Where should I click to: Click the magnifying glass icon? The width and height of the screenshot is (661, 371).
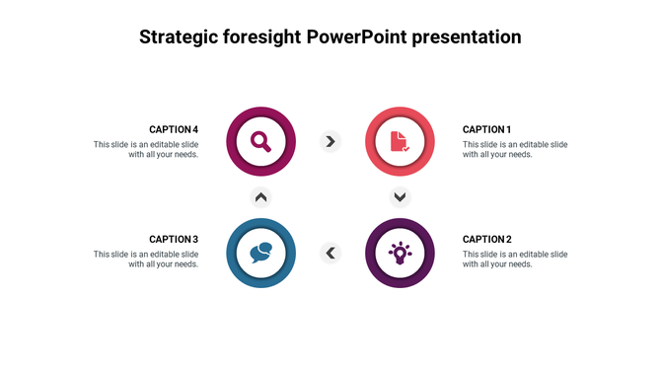point(260,141)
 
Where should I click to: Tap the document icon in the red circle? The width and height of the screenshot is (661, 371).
point(399,141)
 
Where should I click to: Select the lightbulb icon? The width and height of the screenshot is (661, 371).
point(399,254)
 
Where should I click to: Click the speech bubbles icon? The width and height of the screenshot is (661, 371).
point(260,254)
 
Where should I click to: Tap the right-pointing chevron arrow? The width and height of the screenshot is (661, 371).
point(330,141)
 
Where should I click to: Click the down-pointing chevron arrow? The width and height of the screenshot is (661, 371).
point(400,196)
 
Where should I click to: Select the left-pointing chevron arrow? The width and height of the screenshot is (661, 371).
point(330,254)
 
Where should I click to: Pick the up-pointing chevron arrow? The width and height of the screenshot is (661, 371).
point(260,196)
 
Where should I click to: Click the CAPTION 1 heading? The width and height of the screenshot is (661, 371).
point(486,129)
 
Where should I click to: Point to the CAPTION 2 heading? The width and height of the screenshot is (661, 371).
point(486,240)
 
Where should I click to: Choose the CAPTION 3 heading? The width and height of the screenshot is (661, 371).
point(174,240)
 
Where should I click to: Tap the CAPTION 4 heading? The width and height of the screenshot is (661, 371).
point(174,129)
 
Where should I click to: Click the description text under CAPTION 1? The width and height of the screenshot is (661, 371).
point(515,149)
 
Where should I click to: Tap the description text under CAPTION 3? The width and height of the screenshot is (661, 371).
point(146,259)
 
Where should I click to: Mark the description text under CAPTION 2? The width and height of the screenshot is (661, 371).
point(515,259)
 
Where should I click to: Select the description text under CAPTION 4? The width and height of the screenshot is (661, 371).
point(146,149)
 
